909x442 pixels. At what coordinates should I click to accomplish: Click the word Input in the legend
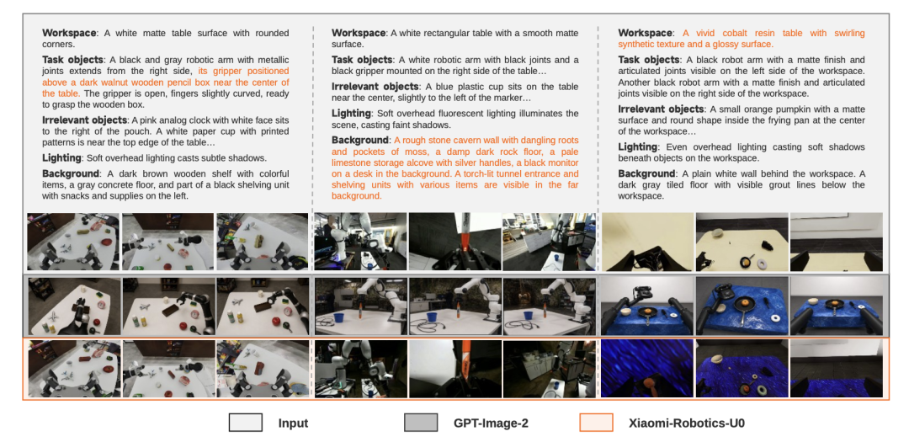click(x=293, y=423)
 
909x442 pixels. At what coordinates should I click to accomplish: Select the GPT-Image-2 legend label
click(x=491, y=423)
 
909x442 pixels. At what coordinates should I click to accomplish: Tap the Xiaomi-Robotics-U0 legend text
click(x=687, y=423)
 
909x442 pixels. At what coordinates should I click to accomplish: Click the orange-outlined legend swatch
click(x=596, y=423)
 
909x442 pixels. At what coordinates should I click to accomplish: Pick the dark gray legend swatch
click(x=421, y=423)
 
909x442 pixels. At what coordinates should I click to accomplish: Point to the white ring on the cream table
click(x=762, y=264)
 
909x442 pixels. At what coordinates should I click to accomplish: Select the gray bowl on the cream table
click(x=717, y=232)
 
